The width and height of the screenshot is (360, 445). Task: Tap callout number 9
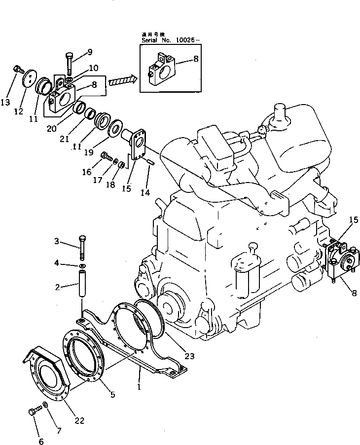click(x=89, y=52)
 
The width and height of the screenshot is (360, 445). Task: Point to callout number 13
click(x=5, y=102)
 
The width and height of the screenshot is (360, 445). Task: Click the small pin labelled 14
click(x=150, y=161)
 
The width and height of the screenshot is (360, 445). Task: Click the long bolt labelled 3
click(x=82, y=247)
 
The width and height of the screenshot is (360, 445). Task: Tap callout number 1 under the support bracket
click(x=139, y=387)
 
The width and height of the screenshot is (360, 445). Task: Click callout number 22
click(x=79, y=420)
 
